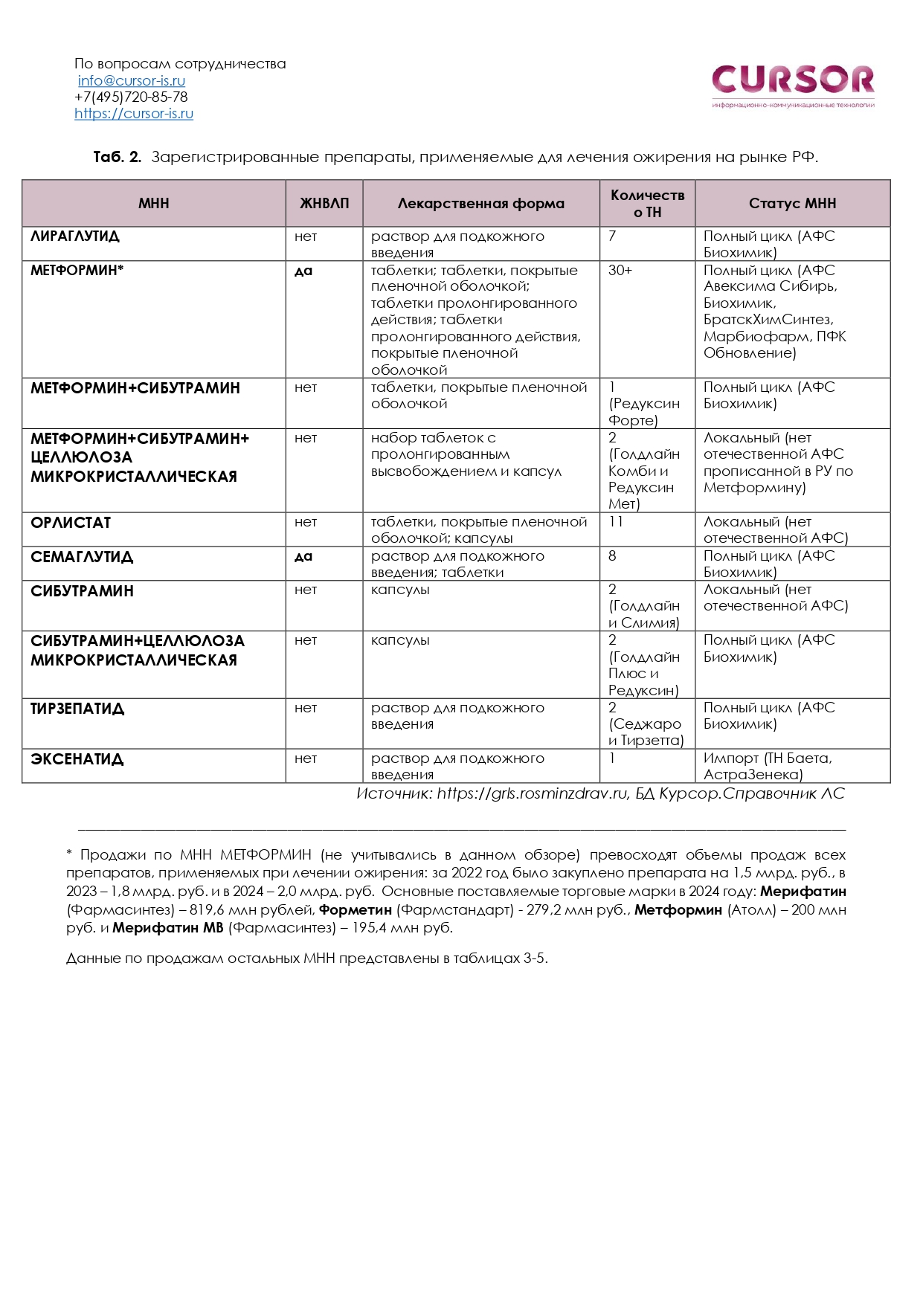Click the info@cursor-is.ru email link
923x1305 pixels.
[132, 80]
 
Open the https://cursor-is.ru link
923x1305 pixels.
[134, 114]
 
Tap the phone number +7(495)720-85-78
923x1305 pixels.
[131, 97]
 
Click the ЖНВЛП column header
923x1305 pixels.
[324, 203]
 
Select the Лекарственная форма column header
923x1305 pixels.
[480, 203]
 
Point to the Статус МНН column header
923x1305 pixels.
[792, 203]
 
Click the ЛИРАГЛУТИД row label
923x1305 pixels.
[74, 236]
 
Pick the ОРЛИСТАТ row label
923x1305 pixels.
[71, 523]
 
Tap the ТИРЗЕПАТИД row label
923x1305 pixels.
[77, 709]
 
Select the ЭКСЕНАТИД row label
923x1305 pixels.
[77, 759]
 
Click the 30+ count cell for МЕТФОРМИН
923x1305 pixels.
[620, 271]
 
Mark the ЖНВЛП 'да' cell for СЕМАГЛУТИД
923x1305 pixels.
[303, 556]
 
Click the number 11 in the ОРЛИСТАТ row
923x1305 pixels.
[616, 522]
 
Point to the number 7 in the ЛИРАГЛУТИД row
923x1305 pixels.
[612, 236]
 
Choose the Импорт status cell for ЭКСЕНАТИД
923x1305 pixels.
[768, 766]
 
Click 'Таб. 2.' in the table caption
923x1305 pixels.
[117, 157]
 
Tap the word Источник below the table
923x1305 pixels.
[393, 793]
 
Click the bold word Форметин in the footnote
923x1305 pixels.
[356, 909]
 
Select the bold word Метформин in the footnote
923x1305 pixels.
[678, 909]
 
